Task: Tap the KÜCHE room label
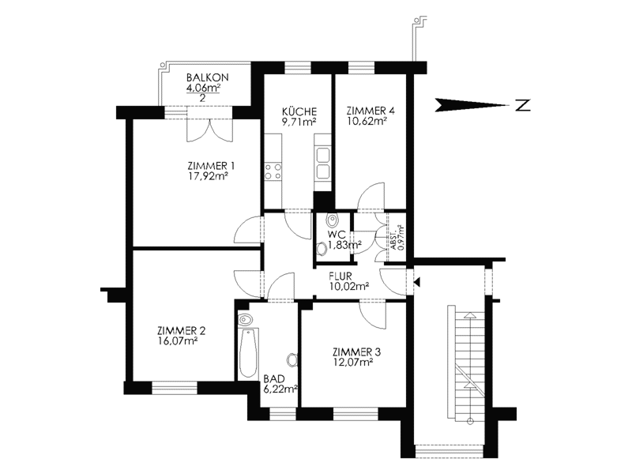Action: pyautogui.click(x=299, y=111)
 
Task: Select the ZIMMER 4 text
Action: pyautogui.click(x=371, y=111)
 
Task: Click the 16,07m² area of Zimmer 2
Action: pyautogui.click(x=178, y=341)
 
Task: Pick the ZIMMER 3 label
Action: pyautogui.click(x=356, y=352)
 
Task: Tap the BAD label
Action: pyautogui.click(x=273, y=379)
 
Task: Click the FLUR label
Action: pyautogui.click(x=340, y=276)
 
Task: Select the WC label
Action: pyautogui.click(x=337, y=235)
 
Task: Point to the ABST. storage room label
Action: pyautogui.click(x=393, y=243)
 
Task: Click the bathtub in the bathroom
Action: pyautogui.click(x=248, y=353)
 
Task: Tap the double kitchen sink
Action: pyautogui.click(x=323, y=164)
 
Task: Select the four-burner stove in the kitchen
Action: pyautogui.click(x=273, y=171)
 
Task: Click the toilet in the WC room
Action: pyautogui.click(x=332, y=220)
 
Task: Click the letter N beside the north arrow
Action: pyautogui.click(x=523, y=105)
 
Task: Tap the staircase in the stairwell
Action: pyautogui.click(x=465, y=363)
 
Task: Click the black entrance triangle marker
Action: pyautogui.click(x=417, y=282)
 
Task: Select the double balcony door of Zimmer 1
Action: pyautogui.click(x=209, y=124)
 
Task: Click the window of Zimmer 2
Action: pyautogui.click(x=174, y=388)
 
